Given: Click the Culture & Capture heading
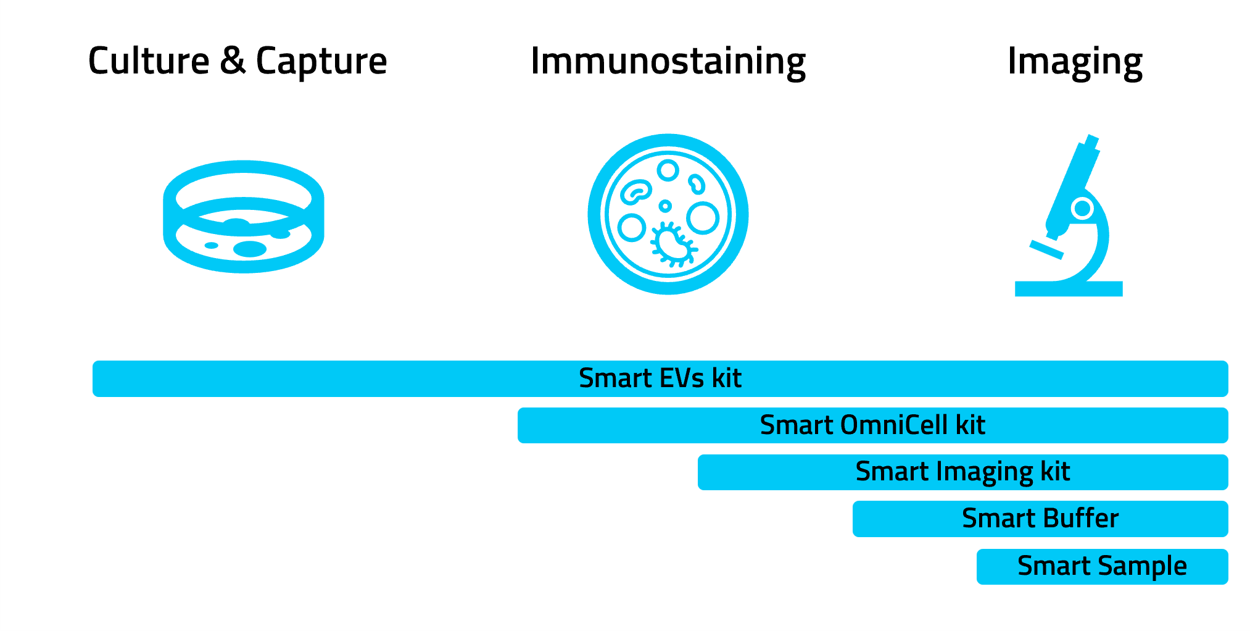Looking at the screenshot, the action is (238, 62).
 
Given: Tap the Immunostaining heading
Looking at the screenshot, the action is (668, 62).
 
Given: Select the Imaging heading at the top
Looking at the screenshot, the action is (1075, 62).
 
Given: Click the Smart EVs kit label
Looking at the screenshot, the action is (660, 378).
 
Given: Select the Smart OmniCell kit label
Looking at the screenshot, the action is (872, 425).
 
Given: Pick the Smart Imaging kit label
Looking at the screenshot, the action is (962, 472).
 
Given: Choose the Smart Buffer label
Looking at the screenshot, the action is (1040, 518).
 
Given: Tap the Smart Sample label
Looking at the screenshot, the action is (1102, 566).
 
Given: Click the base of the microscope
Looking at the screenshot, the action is (1069, 289).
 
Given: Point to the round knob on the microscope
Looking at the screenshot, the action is (1082, 208).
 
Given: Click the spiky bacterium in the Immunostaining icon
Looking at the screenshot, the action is (673, 244).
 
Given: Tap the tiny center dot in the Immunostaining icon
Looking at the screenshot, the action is (665, 206).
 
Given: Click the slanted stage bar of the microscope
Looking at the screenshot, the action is (1046, 249).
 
